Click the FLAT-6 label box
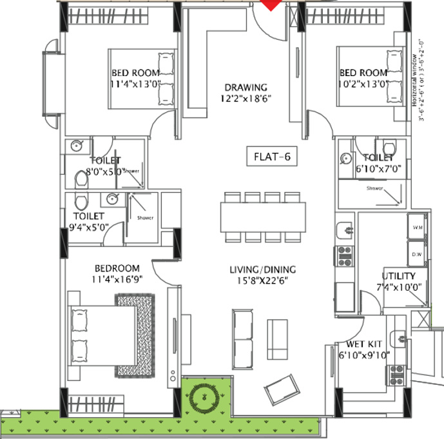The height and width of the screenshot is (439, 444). pos(273,155)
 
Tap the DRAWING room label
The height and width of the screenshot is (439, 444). pos(246,88)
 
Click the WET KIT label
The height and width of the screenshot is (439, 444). pos(361,344)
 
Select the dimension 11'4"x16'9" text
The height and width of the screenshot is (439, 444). pos(117,280)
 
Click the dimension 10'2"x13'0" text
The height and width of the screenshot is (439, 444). pos(363,83)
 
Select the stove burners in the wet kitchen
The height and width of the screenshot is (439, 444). pos(396,372)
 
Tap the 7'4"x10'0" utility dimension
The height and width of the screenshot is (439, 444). pos(398,287)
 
